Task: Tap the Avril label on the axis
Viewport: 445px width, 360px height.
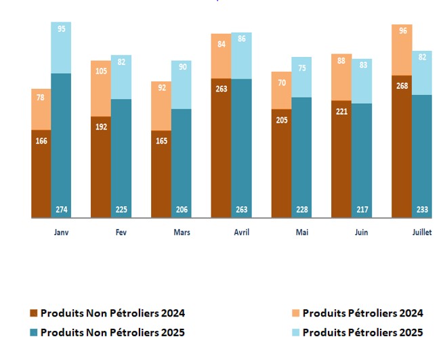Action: pos(241,232)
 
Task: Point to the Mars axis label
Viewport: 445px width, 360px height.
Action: pos(182,232)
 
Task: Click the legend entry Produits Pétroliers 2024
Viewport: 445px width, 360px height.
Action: pos(362,313)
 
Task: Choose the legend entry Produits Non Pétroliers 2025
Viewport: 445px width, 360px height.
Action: pos(112,332)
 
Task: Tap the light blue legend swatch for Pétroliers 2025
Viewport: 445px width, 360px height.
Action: pos(296,332)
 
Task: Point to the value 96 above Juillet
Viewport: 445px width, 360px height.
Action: pos(402,31)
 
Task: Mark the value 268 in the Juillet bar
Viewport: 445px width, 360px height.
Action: pos(402,86)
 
